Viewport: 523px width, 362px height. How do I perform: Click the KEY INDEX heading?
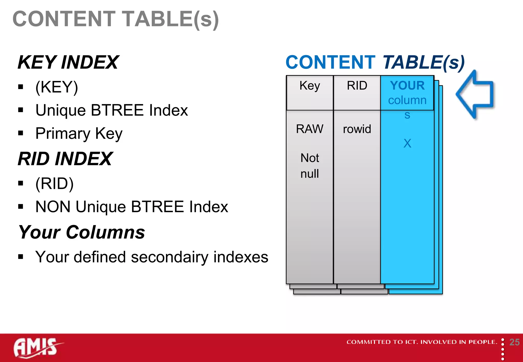coord(68,62)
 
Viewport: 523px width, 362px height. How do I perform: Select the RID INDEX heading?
coord(65,159)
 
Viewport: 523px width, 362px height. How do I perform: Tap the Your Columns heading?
coord(82,232)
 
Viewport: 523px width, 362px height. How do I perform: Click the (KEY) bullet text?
coord(57,87)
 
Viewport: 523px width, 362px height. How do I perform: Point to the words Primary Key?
coord(79,133)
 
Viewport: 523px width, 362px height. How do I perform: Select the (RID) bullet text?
coord(54,183)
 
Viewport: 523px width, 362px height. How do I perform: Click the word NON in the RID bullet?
coord(53,207)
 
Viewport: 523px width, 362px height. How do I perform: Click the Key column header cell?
coord(310,86)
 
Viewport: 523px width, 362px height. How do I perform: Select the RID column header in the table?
coord(357,86)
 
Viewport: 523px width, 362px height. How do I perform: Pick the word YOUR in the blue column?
coord(407,86)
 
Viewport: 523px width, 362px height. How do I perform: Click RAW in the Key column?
coord(310,129)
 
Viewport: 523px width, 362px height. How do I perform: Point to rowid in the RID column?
coord(357,129)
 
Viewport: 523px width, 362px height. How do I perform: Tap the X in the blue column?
coord(407,143)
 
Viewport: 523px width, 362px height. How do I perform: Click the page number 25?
coord(514,342)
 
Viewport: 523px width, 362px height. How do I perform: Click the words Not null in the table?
coord(310,166)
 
